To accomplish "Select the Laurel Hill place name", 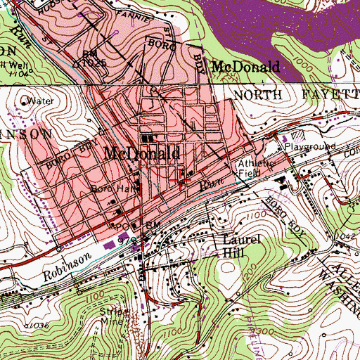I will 231,245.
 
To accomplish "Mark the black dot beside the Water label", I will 25,101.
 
